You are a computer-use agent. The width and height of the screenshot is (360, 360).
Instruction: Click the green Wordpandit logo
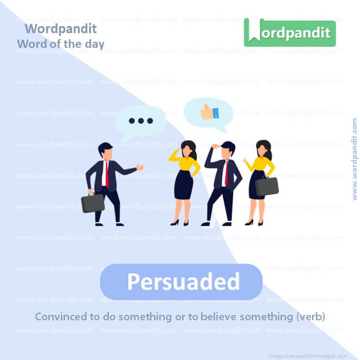pyautogui.click(x=289, y=32)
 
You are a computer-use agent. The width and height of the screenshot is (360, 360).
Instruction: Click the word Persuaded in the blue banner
pyautogui.click(x=183, y=282)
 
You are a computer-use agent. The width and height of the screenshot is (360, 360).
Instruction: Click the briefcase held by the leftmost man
pyautogui.click(x=92, y=203)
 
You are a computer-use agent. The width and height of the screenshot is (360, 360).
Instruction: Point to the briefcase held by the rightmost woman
pyautogui.click(x=267, y=186)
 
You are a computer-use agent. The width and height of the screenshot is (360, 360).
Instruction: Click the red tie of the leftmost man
pyautogui.click(x=107, y=174)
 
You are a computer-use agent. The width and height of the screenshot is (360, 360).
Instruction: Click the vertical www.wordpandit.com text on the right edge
pyautogui.click(x=355, y=159)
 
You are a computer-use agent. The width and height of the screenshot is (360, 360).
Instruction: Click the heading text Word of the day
pyautogui.click(x=60, y=44)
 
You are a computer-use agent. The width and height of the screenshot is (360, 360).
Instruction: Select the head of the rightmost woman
pyautogui.click(x=263, y=148)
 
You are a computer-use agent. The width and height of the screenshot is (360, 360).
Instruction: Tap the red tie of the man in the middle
pyautogui.click(x=225, y=173)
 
